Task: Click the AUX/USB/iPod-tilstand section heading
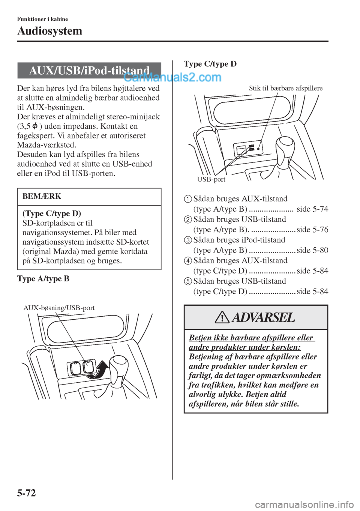tap(89, 71)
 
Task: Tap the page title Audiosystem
tap(49, 31)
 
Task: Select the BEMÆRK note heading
tap(42, 196)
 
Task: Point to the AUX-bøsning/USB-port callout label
tap(59, 308)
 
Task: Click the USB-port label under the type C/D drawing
tap(211, 179)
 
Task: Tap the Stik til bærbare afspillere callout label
tap(286, 88)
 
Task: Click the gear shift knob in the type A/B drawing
tap(118, 364)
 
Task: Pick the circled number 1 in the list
tap(188, 199)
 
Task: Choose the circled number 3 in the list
tap(188, 240)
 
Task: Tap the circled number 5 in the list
tap(188, 281)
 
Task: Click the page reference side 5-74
tap(312, 209)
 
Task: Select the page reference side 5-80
tap(312, 250)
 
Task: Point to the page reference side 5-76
tap(312, 230)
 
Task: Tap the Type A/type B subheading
tap(43, 279)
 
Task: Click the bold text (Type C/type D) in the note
tap(52, 213)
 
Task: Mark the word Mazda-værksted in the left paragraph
tap(46, 145)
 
